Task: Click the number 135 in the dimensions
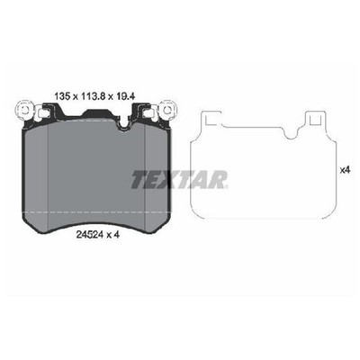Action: click(62, 96)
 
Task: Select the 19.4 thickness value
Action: click(125, 96)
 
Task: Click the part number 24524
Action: click(90, 235)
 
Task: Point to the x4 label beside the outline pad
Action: click(345, 170)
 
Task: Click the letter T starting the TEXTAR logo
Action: click(139, 180)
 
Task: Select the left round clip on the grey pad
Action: click(23, 110)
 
